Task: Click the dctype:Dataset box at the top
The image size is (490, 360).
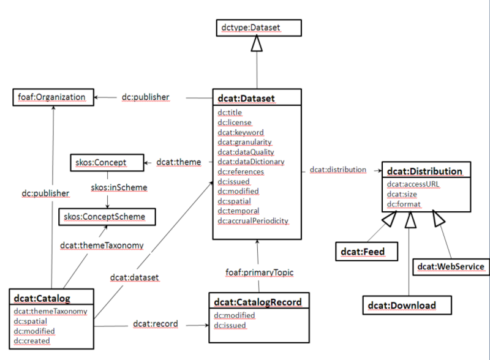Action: coord(257,27)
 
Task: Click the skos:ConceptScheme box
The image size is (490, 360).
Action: coord(107,216)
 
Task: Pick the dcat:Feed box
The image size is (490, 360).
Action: coord(364,251)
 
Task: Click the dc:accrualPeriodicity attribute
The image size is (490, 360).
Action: coord(253,220)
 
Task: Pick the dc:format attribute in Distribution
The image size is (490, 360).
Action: coord(402,203)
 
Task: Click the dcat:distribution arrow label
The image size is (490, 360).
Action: coord(337,170)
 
